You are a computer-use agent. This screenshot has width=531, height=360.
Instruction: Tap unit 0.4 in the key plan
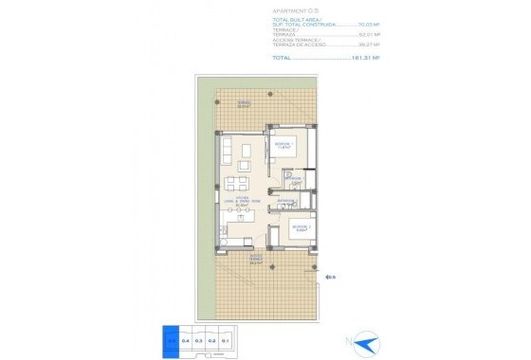pyautogui.click(x=186, y=338)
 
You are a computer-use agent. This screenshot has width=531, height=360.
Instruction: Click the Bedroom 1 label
pyautogui.click(x=282, y=146)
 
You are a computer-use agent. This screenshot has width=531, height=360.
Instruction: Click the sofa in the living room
pyautogui.click(x=227, y=152)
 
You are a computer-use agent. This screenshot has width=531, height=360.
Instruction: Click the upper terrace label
pyautogui.click(x=245, y=104)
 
